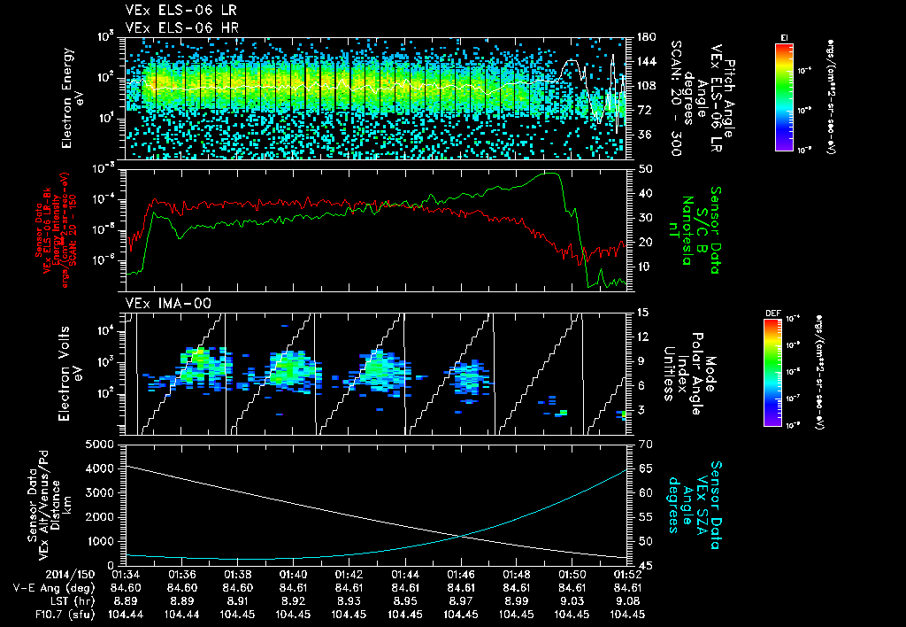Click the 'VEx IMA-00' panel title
tap(158, 304)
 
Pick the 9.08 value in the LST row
tap(627, 600)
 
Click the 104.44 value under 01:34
tap(127, 613)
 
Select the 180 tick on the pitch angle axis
tap(645, 37)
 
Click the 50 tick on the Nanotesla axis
tap(643, 168)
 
